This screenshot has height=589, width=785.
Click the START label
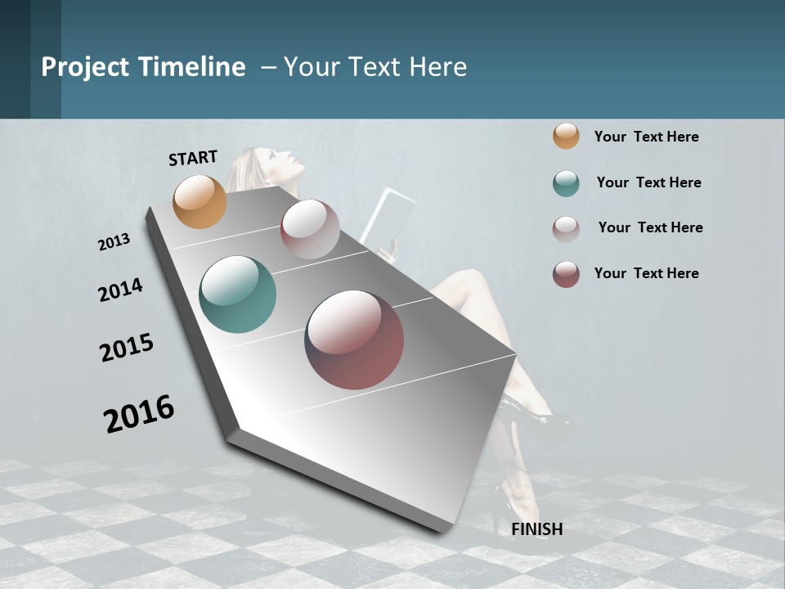tap(193, 158)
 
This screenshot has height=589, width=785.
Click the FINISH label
tap(536, 529)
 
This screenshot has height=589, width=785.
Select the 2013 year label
tap(114, 241)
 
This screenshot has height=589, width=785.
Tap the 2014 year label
tap(120, 290)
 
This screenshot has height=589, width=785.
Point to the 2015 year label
tap(127, 348)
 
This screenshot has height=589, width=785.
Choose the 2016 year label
tap(139, 413)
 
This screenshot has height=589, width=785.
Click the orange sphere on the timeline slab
tap(200, 201)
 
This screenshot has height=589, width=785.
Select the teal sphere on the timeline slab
tap(237, 294)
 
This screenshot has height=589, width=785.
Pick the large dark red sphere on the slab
tap(354, 339)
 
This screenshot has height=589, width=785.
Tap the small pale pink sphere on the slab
tap(310, 229)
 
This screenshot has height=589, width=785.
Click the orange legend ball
tap(566, 137)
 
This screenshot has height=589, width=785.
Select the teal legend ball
tap(566, 183)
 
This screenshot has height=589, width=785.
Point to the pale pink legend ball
tap(566, 228)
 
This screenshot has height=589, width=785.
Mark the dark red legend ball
tap(566, 274)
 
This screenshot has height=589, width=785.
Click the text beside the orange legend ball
tap(646, 137)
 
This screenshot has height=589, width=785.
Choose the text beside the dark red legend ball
tap(646, 273)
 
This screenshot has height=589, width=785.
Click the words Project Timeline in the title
tap(143, 67)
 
